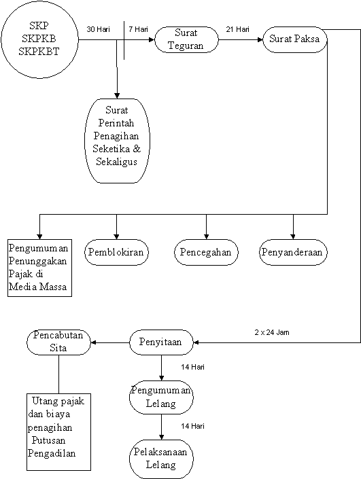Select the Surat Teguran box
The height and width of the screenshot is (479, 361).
tap(186, 39)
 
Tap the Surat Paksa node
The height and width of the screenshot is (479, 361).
tap(295, 39)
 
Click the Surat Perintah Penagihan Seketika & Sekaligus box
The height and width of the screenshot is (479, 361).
tap(117, 141)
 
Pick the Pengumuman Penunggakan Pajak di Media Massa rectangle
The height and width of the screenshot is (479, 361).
tap(39, 268)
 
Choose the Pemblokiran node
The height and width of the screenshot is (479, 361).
tap(116, 252)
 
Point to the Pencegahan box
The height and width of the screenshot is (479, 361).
tap(206, 252)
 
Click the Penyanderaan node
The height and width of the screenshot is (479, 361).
tap(293, 252)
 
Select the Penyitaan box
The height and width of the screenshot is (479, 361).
tap(161, 342)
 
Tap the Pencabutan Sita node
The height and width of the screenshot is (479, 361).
tap(58, 342)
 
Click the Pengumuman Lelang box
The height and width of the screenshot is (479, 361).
tap(161, 397)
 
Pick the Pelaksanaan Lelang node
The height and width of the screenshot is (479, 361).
tap(161, 459)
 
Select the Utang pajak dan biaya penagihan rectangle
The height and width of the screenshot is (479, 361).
tap(58, 432)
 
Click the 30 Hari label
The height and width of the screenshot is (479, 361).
tap(98, 29)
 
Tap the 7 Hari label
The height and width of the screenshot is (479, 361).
tap(138, 29)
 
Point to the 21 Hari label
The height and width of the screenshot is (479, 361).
tap(237, 29)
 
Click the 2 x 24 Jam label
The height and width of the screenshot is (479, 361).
tap(272, 332)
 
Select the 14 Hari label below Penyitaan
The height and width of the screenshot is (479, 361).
tap(192, 367)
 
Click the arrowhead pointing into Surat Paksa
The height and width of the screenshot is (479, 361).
tap(260, 39)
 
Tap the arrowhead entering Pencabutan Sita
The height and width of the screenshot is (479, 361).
tap(94, 342)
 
